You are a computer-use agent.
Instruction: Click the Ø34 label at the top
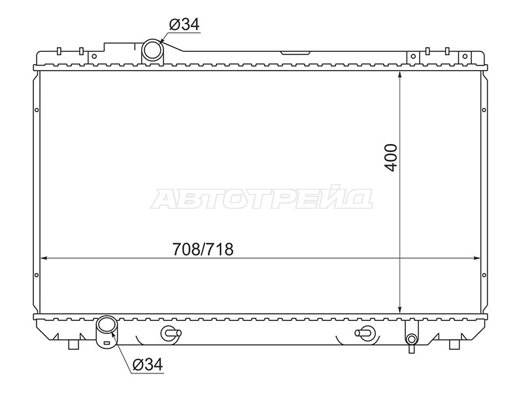pos(184,24)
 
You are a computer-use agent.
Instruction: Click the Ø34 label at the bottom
pos(148,364)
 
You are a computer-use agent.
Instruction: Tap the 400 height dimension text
pos(391,158)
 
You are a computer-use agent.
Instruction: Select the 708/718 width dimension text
pos(203,249)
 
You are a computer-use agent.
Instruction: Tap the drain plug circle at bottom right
pos(411,339)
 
